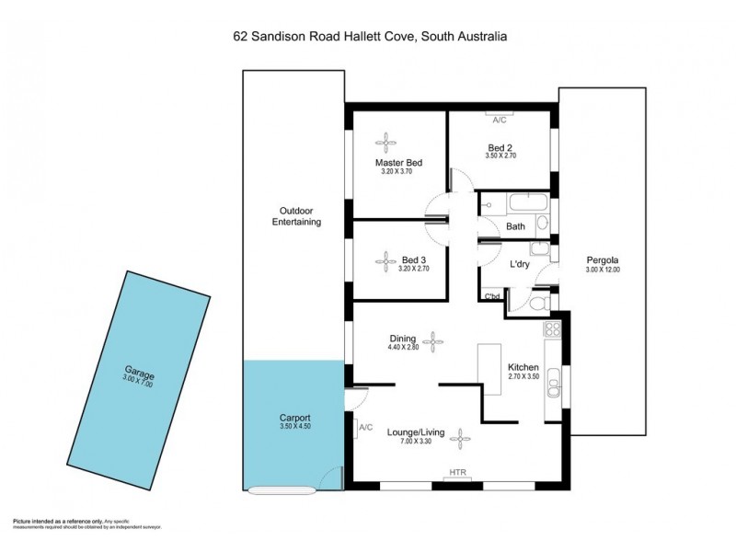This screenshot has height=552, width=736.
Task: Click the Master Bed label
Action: pyautogui.click(x=398, y=163)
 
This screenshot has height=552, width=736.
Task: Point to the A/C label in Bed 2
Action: pyautogui.click(x=500, y=121)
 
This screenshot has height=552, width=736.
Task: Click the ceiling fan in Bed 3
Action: pyautogui.click(x=384, y=260)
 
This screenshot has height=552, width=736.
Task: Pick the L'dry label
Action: pyautogui.click(x=522, y=265)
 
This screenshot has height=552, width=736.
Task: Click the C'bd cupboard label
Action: pyautogui.click(x=492, y=296)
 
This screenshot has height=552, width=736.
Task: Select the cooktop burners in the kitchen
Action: pyautogui.click(x=553, y=328)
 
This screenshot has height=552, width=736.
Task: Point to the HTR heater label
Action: pyautogui.click(x=457, y=474)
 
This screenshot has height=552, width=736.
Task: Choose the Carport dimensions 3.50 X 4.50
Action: pyautogui.click(x=295, y=427)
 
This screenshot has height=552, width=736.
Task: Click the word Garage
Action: pyautogui.click(x=140, y=374)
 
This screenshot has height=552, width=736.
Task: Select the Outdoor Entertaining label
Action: pyautogui.click(x=294, y=215)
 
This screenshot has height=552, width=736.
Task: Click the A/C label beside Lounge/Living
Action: pyautogui.click(x=365, y=427)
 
